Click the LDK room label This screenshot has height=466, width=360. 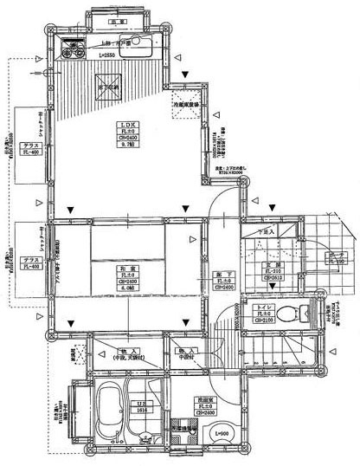tap(127, 125)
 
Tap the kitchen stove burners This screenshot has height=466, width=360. tap(73, 47)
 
